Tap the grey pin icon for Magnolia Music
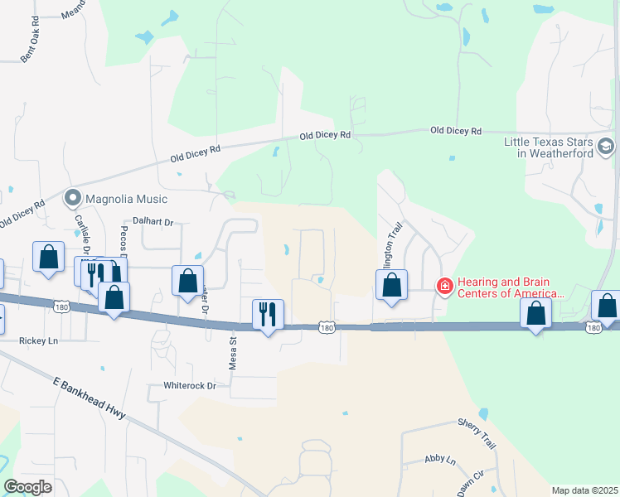72,199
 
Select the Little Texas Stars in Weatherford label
549,147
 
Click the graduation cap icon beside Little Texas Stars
606,147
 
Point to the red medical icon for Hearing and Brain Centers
445,287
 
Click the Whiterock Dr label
189,386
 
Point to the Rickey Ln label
39,340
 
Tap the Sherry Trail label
477,433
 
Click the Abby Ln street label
440,460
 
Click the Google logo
28,487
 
